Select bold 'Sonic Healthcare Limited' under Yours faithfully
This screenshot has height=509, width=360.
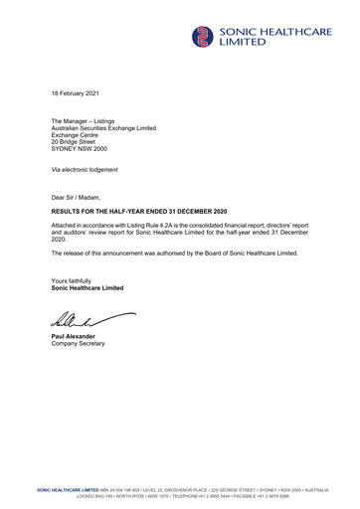88,288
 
